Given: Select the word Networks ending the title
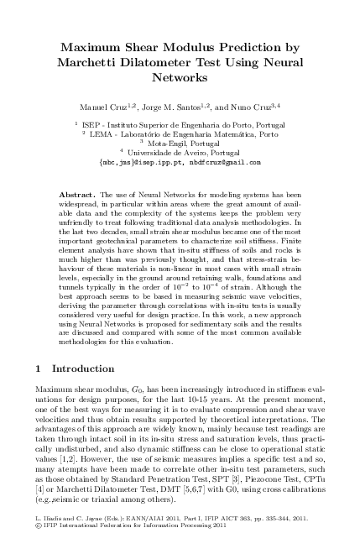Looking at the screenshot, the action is tap(180, 77).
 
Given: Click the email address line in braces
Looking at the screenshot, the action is tap(180, 162).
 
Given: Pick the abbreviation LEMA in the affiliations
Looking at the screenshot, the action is tap(103, 134).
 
